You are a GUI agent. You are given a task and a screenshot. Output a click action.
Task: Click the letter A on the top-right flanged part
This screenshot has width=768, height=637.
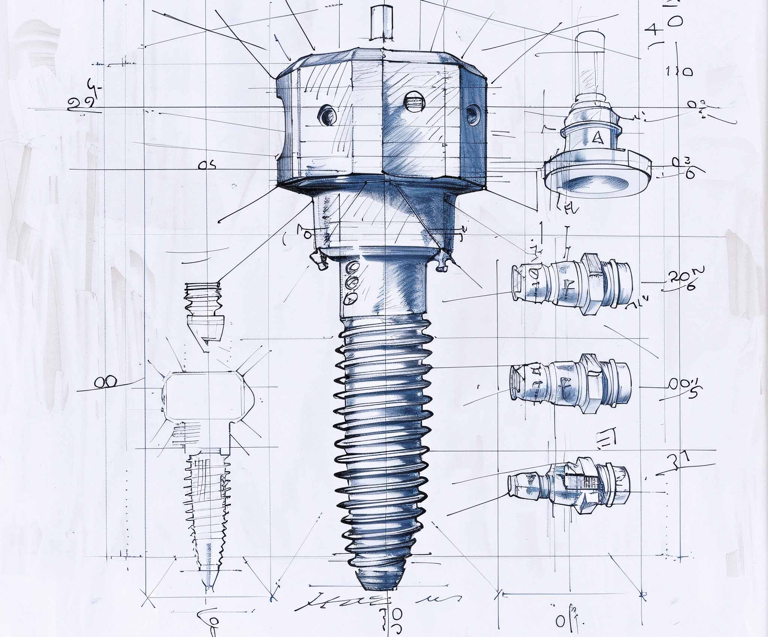coord(597,138)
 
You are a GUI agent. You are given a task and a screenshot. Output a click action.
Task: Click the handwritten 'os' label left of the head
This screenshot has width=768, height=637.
coord(207,165)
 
